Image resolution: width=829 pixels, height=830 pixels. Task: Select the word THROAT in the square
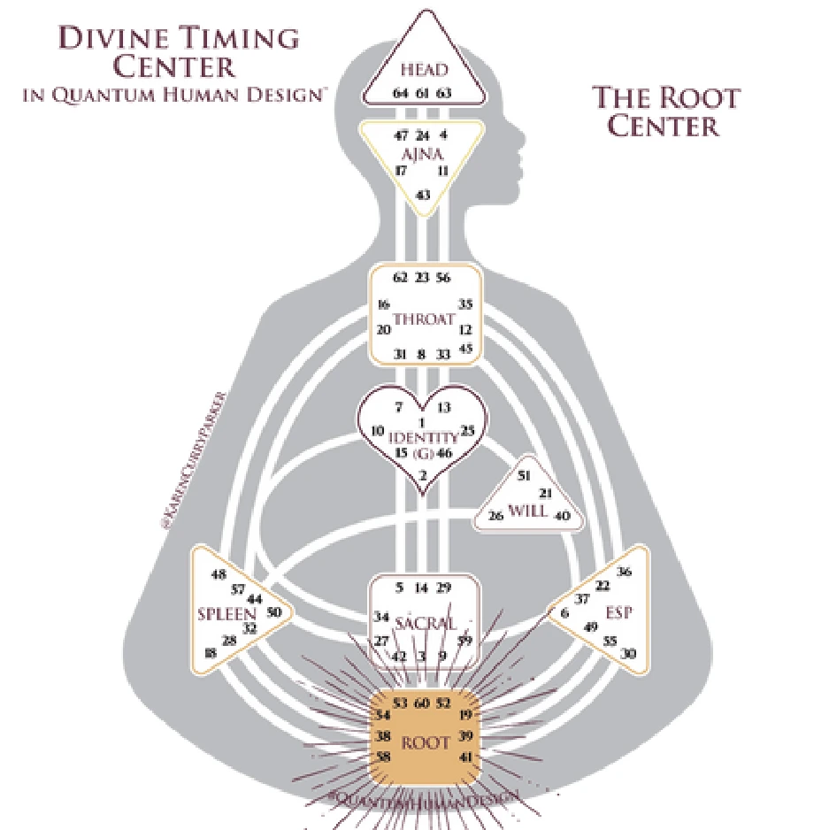pos(423,319)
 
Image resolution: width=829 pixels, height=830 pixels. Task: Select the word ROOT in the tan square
pos(425,742)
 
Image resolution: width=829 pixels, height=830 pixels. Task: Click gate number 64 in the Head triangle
pos(400,93)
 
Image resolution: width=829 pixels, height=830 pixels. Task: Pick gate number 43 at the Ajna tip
pos(423,194)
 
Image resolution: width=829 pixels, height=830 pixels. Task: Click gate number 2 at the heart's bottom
pos(423,476)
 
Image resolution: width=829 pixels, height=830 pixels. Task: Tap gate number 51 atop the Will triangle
pos(524,475)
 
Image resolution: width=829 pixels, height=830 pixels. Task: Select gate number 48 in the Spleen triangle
pos(219,574)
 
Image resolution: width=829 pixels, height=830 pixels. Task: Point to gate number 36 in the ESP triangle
pos(625,571)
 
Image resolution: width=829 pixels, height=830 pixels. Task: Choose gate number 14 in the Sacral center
pos(422,588)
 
